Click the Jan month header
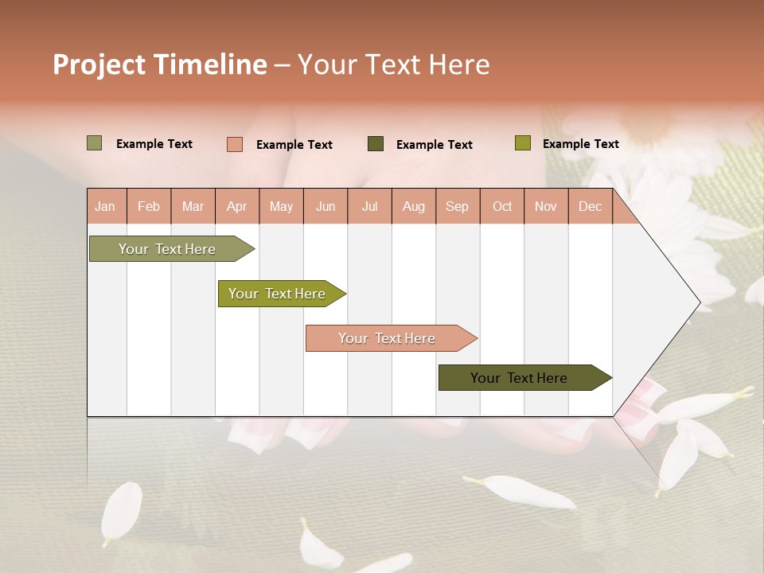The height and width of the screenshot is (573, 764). (106, 206)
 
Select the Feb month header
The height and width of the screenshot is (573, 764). (149, 206)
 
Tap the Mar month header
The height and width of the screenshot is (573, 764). (193, 206)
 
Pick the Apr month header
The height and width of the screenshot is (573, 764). (237, 206)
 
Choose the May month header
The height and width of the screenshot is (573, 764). (281, 206)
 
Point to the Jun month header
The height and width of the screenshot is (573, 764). (325, 206)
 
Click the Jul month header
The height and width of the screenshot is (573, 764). (369, 206)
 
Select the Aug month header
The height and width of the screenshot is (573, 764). (414, 206)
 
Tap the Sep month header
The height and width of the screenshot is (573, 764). (458, 206)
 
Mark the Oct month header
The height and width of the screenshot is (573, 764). (502, 206)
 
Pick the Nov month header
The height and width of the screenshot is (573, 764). (546, 206)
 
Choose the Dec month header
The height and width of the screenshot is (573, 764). (591, 206)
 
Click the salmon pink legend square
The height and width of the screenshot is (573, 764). (235, 144)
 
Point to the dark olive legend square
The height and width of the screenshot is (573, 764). (376, 143)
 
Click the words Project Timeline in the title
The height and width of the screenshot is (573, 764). (160, 64)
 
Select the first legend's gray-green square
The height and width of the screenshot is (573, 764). (95, 143)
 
